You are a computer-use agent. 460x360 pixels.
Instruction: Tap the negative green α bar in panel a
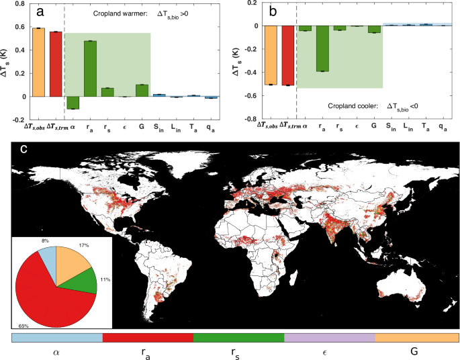(73, 102)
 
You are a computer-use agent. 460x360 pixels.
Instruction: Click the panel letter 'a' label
(40, 11)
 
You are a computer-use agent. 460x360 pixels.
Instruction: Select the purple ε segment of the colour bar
(329, 337)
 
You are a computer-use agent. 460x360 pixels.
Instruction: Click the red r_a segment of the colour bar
(148, 337)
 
